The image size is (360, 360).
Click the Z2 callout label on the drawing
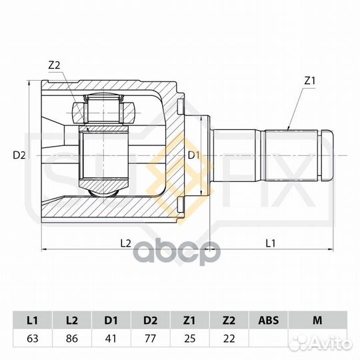[x=54, y=65]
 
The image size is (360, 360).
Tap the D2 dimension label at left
[x=19, y=155]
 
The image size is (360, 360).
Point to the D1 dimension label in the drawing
[x=193, y=155]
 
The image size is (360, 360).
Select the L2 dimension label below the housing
[x=125, y=243]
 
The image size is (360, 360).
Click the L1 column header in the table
[x=31, y=320]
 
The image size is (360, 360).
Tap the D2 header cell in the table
[x=151, y=320]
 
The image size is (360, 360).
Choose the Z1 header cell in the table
[x=189, y=320]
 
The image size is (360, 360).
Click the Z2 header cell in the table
[x=229, y=320]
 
